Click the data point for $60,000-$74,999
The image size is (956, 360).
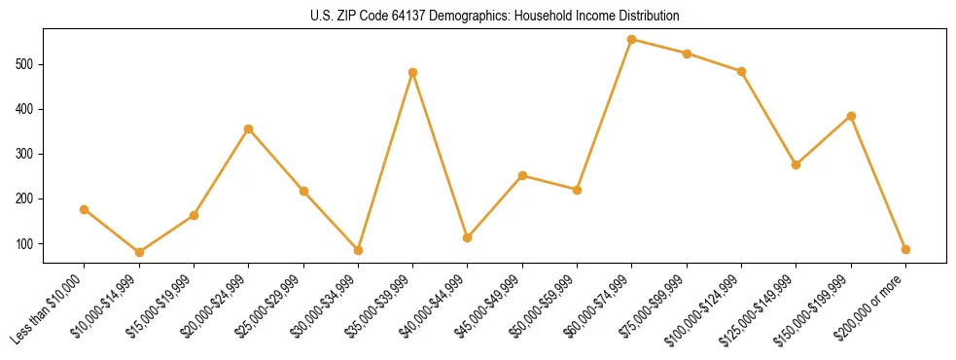[x=632, y=40]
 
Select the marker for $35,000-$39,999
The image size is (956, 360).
[x=413, y=72]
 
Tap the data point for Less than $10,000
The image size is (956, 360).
[x=85, y=209]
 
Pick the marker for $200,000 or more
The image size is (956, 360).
[x=905, y=250]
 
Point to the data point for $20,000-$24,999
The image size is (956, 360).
[x=249, y=128]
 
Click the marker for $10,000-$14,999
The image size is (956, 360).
[x=139, y=252]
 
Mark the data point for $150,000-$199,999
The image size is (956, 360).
[x=851, y=116]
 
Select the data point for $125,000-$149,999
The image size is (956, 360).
[x=797, y=164]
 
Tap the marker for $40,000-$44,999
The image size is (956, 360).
[x=468, y=237]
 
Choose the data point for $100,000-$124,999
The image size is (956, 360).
[x=742, y=71]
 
